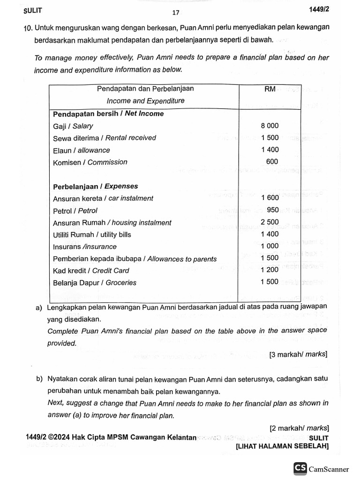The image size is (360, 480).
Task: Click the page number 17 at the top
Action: pos(175,13)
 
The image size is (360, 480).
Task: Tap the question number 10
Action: pos(28,28)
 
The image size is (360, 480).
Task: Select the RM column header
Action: pos(270,89)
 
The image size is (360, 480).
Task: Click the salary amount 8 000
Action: pos(270,126)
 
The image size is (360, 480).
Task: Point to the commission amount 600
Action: pos(272,162)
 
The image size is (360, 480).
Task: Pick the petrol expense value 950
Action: pos(272,210)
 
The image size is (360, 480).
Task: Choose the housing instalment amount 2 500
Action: pos(270,222)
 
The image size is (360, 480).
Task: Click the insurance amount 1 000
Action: pos(270,246)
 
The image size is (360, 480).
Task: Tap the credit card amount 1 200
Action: pos(270,270)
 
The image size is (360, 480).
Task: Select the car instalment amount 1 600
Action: pos(270,198)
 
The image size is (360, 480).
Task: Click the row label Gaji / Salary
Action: pos(73,126)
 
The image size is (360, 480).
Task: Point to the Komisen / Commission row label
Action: pos(90,162)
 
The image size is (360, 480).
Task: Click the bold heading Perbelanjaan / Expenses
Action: pos(95,186)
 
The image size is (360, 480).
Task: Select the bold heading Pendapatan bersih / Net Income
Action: pos(108,114)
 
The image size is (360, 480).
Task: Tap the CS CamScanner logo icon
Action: pos(300,468)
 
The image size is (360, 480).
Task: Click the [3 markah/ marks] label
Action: pos(298,355)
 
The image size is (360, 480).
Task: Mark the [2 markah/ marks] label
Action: pos(299,427)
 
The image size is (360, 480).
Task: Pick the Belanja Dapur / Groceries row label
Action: pos(95,283)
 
